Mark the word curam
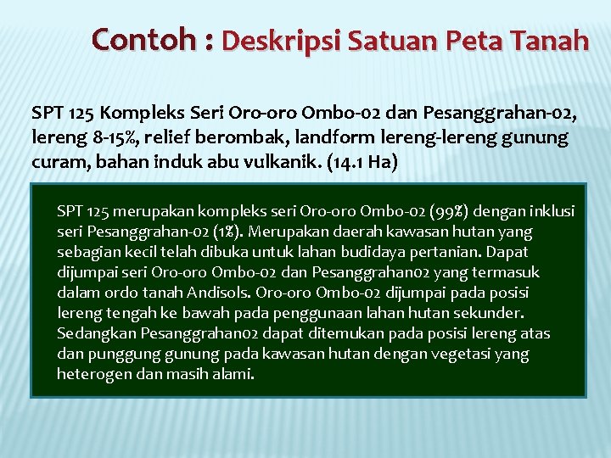53,162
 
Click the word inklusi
552,210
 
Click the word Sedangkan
92,333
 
